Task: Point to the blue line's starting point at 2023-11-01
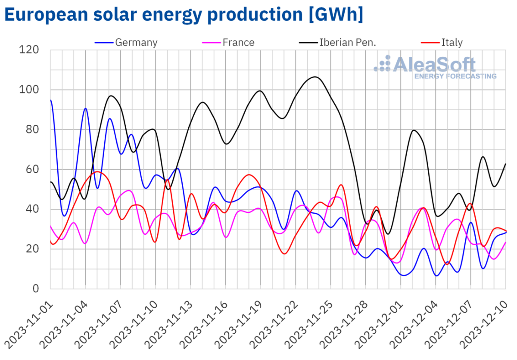pyautogui.click(x=51, y=100)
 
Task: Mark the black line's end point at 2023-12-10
pyautogui.click(x=505, y=164)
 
